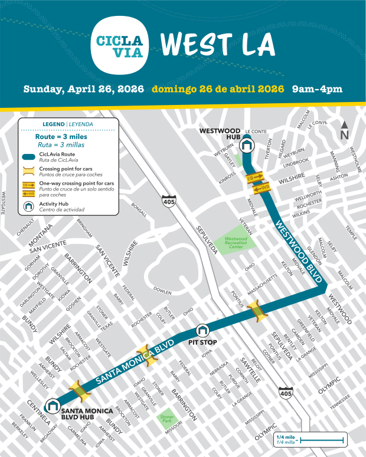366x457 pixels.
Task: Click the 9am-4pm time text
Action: [x=318, y=90]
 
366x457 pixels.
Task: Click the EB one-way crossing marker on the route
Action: [x=254, y=177]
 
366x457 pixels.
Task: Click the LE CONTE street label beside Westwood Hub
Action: [x=256, y=131]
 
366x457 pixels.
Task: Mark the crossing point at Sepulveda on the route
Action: [x=258, y=311]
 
